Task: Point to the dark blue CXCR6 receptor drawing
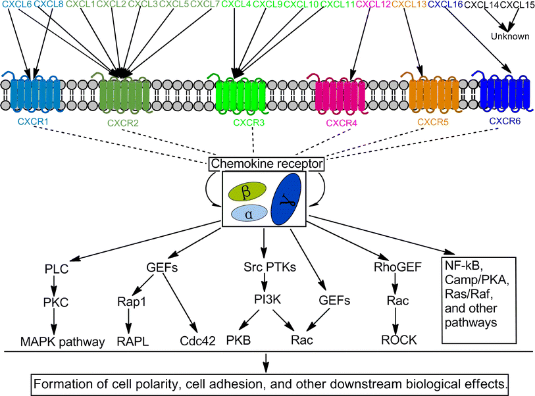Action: pos(504,92)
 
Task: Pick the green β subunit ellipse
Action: pos(247,191)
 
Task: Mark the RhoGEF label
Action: pos(393,268)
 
